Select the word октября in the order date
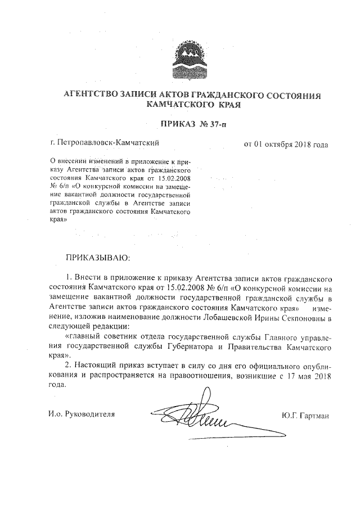click(x=278, y=143)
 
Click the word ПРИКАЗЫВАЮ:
click(x=98, y=258)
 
